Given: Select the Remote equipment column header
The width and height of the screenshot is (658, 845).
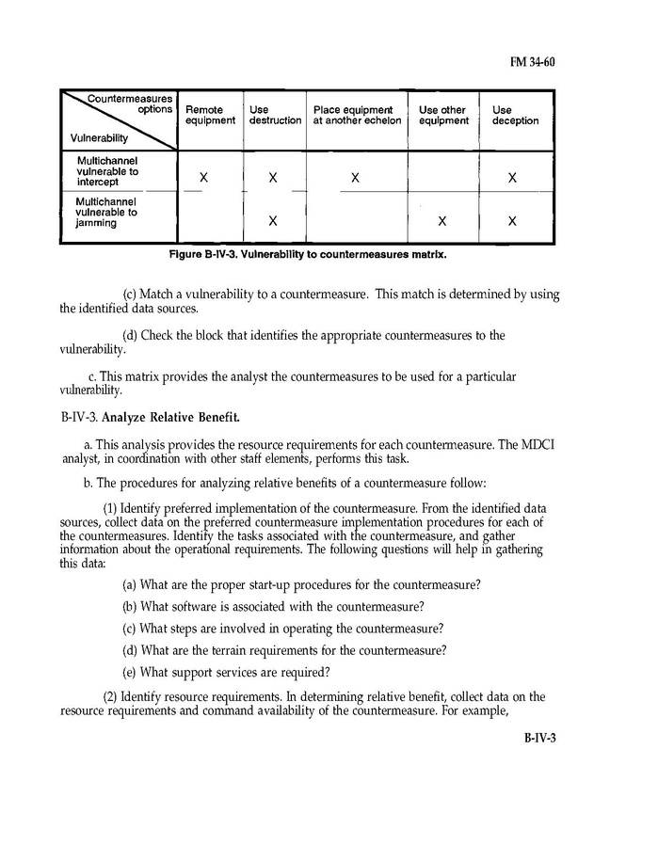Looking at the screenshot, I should pos(210,115).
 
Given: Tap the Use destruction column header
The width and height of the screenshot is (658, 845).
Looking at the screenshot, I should pos(275,115).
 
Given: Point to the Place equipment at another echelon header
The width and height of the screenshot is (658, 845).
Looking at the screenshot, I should pos(357,115).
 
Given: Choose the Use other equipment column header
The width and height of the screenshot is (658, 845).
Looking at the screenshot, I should pos(442,115).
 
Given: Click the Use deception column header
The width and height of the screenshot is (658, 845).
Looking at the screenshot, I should pos(515,115).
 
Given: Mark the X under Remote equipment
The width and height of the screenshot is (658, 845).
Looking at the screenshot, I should pos(203,178).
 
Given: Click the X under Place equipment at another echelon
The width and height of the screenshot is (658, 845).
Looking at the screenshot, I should pos(356,178).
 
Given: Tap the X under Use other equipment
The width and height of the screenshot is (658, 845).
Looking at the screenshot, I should pos(441,222).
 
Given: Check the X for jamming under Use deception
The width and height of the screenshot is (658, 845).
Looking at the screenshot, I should pos(511,222).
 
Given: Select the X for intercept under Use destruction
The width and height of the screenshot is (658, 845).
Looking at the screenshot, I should pos(272,178).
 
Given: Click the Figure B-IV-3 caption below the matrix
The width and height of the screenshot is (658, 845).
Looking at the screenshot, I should pos(306,254).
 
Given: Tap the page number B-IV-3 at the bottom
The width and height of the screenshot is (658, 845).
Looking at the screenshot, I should pos(540,737).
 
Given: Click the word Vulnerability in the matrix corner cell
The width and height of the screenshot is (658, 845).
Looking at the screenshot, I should pos(99,137).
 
